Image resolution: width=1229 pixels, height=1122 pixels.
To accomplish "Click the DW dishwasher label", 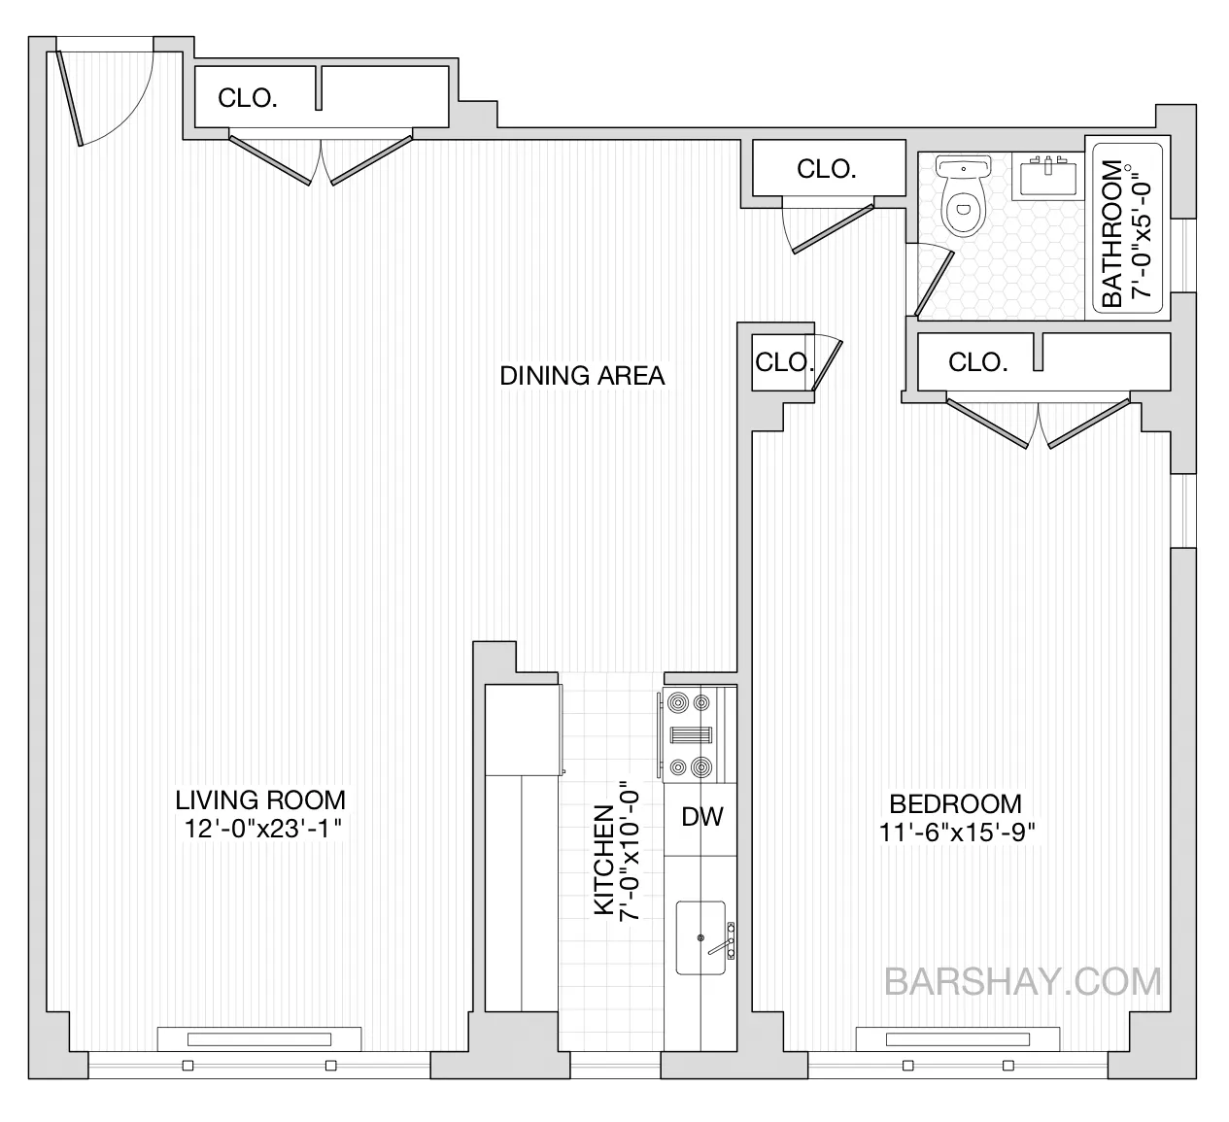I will [x=701, y=817].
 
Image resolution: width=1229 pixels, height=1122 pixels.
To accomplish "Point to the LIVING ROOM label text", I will [x=260, y=800].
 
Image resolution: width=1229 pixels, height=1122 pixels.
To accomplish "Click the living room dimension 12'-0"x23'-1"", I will [x=260, y=829].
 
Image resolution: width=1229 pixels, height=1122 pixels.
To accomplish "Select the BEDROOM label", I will [x=956, y=804].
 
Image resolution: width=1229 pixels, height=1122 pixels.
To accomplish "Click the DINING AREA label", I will [x=582, y=376].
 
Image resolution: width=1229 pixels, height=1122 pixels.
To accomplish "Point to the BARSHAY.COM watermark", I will [x=1023, y=981].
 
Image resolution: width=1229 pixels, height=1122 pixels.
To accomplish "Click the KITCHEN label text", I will [x=602, y=861].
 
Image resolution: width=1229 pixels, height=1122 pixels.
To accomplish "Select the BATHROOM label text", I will [x=1112, y=233].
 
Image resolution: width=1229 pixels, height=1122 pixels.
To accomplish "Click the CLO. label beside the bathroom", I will [x=826, y=169].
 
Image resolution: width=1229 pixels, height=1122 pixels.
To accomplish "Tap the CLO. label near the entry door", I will [x=248, y=98].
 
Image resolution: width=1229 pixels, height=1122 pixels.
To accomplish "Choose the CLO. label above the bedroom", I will [x=977, y=362].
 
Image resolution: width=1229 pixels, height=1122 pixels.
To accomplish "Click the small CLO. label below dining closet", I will [x=783, y=362].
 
